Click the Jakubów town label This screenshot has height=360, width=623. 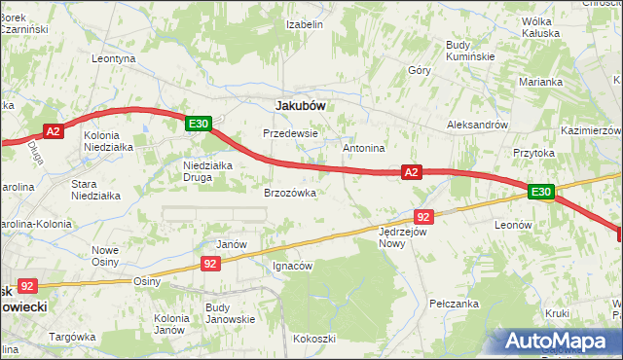301,104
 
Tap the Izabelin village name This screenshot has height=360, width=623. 304,24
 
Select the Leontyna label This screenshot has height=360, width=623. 113,58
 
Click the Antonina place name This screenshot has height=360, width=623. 365,148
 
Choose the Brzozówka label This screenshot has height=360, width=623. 290,193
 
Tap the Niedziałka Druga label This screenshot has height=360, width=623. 207,171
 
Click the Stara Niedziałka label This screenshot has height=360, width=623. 96,189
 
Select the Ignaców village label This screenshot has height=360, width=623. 291,266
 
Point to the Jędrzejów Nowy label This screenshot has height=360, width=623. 404,238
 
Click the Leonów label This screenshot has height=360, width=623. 512,224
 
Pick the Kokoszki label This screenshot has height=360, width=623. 313,339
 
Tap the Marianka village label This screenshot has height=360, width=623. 541,82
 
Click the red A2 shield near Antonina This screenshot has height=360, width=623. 412,172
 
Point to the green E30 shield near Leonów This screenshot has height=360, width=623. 542,193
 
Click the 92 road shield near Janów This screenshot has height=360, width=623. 211,263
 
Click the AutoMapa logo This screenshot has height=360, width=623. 559,341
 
